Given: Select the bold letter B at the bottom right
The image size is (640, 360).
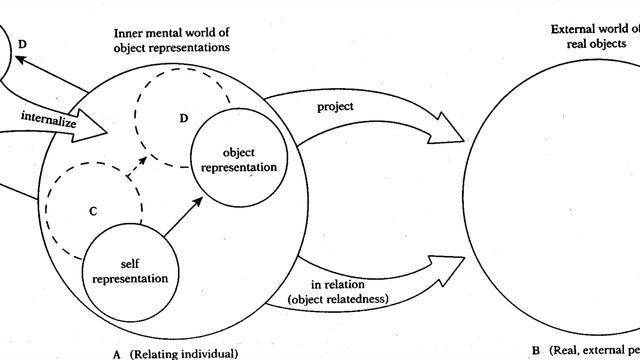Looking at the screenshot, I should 535,351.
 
